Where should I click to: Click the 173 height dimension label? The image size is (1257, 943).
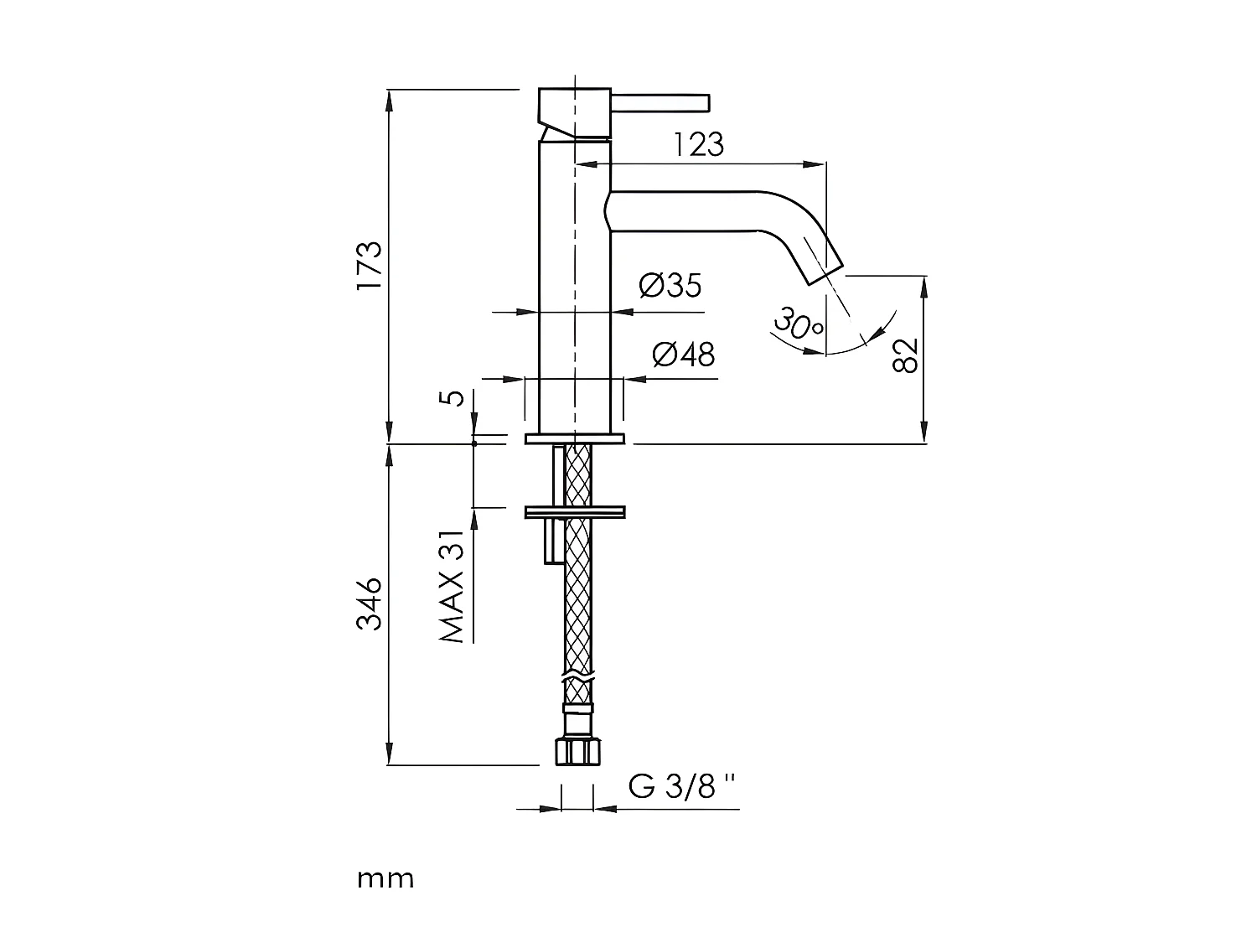(x=369, y=266)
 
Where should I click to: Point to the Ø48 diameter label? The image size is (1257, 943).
(x=683, y=355)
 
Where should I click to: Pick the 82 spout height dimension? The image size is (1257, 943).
(x=906, y=355)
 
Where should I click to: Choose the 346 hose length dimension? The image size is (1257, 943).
(x=369, y=604)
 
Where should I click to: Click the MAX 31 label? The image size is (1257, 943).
(x=452, y=587)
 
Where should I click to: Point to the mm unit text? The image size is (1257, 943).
(x=385, y=879)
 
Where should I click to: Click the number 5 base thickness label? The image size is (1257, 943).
(x=452, y=396)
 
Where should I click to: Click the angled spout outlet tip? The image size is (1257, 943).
(x=821, y=262)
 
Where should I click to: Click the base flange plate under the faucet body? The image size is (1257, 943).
(x=575, y=438)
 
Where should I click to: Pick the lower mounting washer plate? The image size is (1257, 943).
(x=575, y=511)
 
